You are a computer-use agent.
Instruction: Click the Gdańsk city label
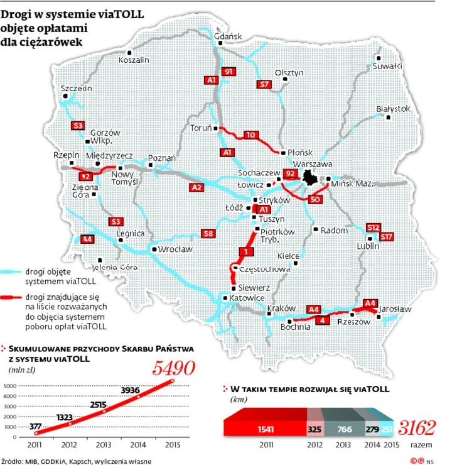tap(228, 36)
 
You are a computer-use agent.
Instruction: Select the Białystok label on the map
tap(393, 109)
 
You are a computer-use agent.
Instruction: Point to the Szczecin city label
tap(77, 89)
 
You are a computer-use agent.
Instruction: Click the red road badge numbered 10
tap(250, 135)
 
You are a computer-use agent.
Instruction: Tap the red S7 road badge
tap(264, 84)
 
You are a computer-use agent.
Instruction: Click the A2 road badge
tap(196, 187)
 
